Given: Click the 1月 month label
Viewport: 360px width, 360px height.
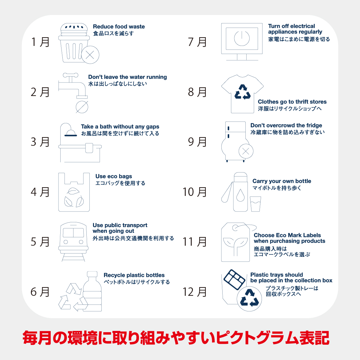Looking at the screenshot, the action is [x=40, y=42].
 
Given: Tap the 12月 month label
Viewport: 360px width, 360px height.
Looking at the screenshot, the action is [x=194, y=292].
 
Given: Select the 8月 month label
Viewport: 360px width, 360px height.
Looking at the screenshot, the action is [x=197, y=92].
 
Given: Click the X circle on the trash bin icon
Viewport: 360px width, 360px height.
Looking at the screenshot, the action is [x=90, y=55].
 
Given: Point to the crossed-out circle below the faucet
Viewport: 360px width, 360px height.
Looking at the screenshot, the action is [x=82, y=107].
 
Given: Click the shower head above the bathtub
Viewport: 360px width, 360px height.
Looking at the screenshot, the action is [x=70, y=133].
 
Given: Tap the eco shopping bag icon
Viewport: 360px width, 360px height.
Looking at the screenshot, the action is [x=74, y=192].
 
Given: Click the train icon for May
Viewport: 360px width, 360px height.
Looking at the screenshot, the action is [x=73, y=242].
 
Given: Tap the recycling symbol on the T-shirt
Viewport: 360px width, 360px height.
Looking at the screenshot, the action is [x=242, y=92].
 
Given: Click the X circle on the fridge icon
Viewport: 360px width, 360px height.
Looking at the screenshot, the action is [x=246, y=151].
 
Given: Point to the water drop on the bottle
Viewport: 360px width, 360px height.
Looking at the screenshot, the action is [x=240, y=195].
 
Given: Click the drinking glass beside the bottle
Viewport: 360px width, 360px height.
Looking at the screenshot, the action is [x=255, y=204].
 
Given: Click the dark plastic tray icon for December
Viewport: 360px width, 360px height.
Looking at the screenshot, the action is [x=234, y=280].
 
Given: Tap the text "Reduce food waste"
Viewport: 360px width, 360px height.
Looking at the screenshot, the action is [x=119, y=26].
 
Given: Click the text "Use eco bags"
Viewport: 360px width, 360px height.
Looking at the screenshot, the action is [x=114, y=176].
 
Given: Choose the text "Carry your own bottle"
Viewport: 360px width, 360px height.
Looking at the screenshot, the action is [x=282, y=181].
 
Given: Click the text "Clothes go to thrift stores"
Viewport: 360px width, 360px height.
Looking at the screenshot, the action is [x=292, y=102].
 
